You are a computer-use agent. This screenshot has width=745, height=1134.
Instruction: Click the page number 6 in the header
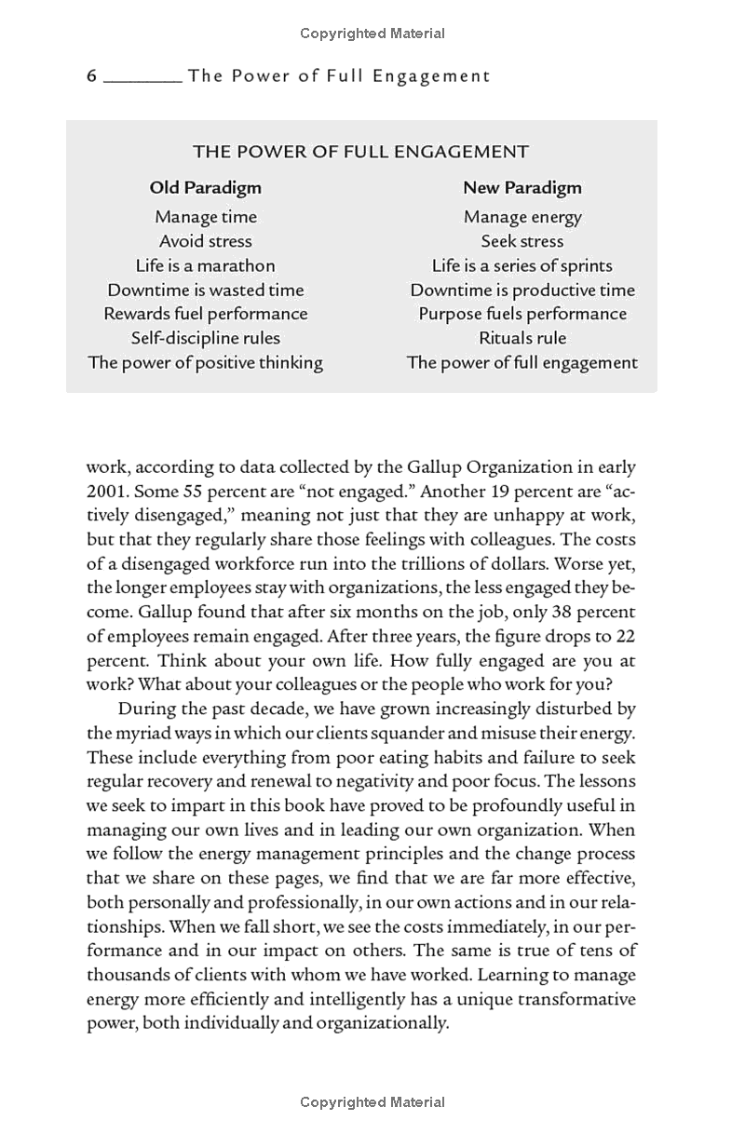(91, 76)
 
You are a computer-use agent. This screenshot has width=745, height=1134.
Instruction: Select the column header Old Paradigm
(206, 187)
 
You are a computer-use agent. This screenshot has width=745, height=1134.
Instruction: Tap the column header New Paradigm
(522, 187)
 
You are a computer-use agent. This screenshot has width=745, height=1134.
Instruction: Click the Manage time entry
(206, 217)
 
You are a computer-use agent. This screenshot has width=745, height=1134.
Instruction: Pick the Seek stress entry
(522, 241)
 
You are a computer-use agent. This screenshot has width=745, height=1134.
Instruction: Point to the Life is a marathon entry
(206, 265)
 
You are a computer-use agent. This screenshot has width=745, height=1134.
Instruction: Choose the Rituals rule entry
(522, 338)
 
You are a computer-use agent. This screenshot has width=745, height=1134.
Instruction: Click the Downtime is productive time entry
(522, 290)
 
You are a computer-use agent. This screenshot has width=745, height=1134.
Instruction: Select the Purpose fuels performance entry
(522, 314)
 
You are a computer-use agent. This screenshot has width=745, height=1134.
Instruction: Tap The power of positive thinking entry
(206, 362)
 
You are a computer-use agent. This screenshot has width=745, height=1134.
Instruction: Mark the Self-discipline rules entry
(206, 338)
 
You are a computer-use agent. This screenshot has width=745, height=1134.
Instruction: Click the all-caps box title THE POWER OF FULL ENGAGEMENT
(360, 152)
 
